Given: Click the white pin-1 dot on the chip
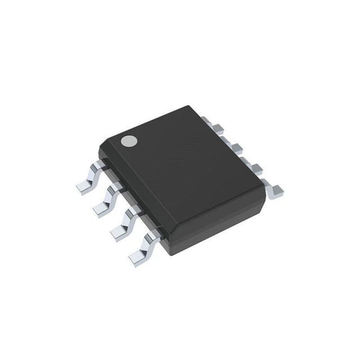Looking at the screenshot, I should [x=130, y=141].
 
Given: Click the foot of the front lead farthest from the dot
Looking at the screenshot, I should [x=138, y=258].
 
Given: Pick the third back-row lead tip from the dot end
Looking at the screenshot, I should [x=237, y=149].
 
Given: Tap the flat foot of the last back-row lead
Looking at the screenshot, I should [x=276, y=193].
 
